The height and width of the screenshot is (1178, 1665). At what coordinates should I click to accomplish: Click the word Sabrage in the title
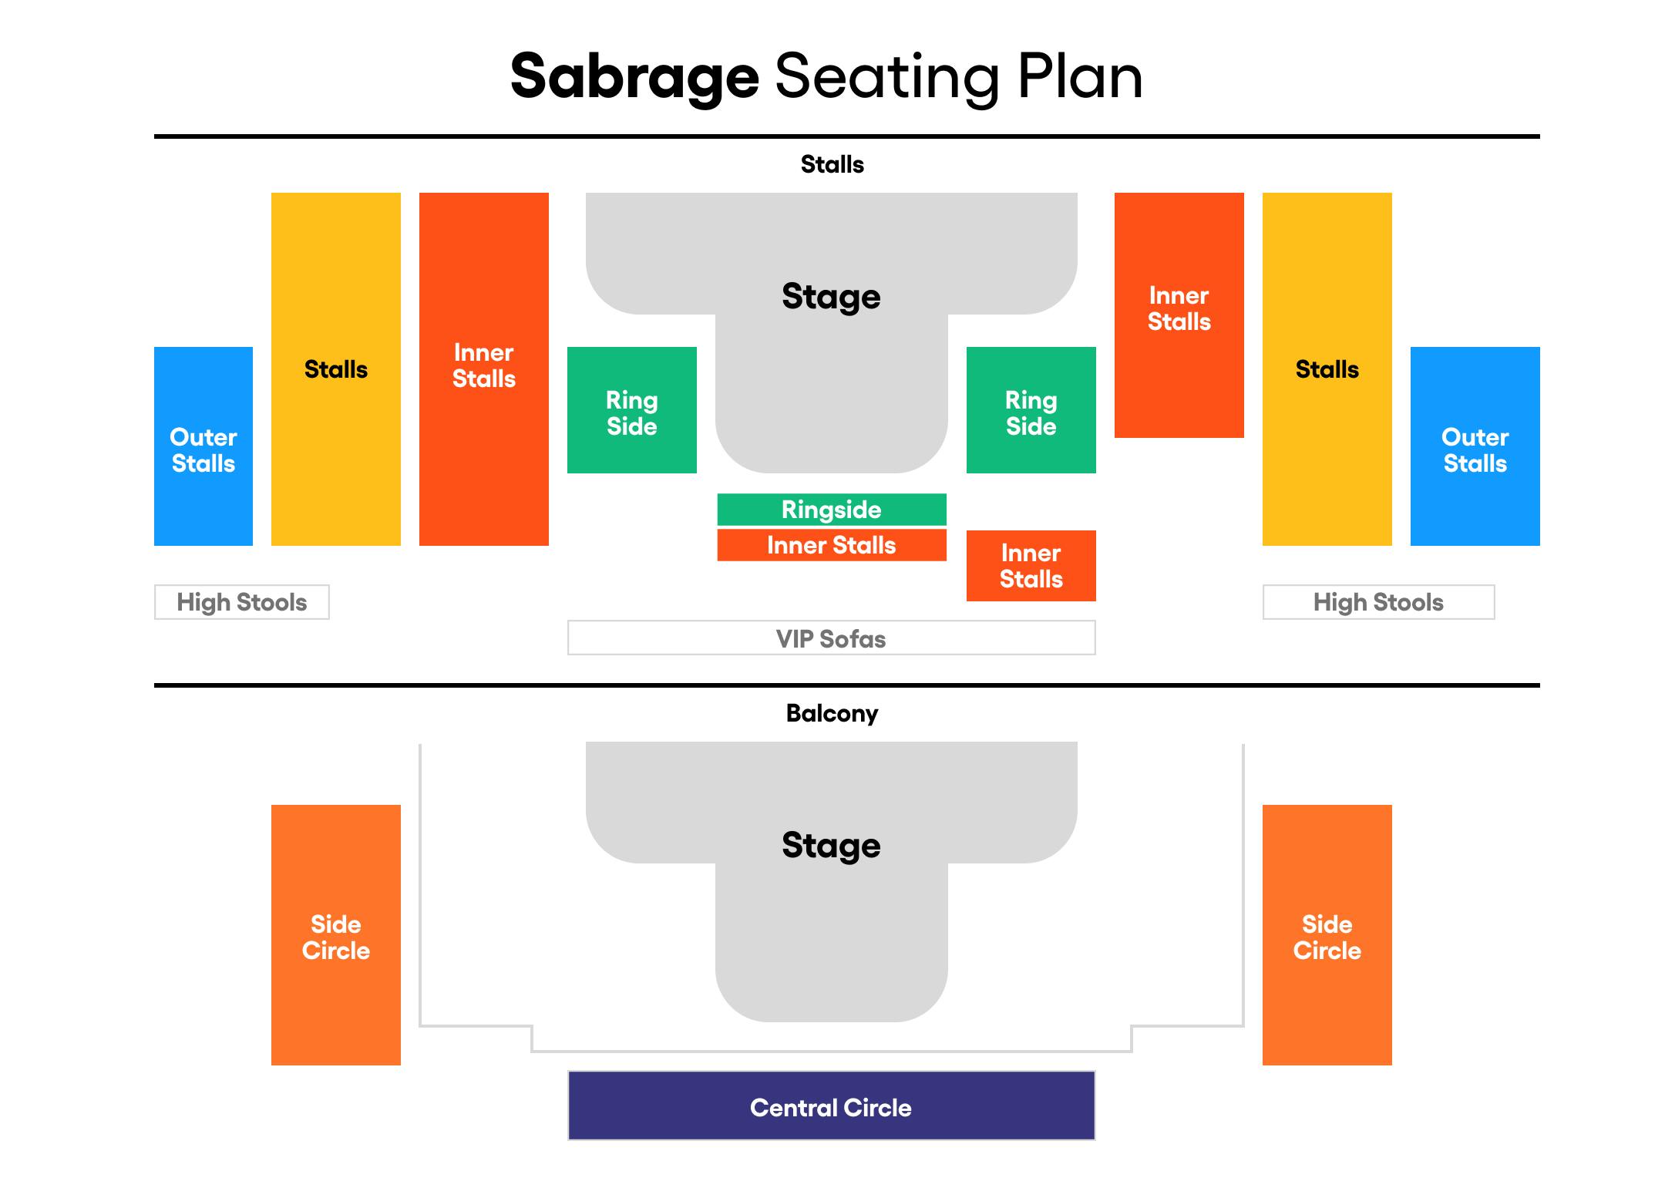coord(634,77)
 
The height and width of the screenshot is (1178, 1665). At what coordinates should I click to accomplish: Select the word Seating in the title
coord(887,77)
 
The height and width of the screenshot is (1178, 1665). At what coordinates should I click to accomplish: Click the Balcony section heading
coord(832,713)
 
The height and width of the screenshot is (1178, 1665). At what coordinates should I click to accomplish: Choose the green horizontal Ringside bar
coord(832,510)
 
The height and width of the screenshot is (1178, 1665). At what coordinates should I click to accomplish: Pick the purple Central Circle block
coord(832,1106)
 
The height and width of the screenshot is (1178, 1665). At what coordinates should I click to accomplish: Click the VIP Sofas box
coord(832,638)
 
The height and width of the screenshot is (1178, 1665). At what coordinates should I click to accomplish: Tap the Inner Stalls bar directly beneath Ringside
coord(832,545)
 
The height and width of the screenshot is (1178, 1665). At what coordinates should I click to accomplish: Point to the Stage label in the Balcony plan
coord(831,845)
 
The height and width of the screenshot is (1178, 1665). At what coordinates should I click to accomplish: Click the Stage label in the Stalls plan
coord(831,296)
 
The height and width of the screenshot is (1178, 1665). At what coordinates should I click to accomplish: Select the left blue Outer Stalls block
coord(203,447)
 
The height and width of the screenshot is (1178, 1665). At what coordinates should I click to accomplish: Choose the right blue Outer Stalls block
coord(1475,447)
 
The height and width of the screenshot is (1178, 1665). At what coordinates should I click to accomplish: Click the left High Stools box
coord(242,602)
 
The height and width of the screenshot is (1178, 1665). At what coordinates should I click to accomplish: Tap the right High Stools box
coord(1378,602)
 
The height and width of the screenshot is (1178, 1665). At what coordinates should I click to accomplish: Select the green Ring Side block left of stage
coord(632,411)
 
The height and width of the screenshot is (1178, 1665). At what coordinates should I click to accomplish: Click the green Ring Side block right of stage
coord(1031,411)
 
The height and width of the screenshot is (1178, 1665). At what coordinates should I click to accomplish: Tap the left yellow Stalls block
coord(336,369)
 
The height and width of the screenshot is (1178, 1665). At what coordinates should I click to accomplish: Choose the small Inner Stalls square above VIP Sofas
coord(1031,566)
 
